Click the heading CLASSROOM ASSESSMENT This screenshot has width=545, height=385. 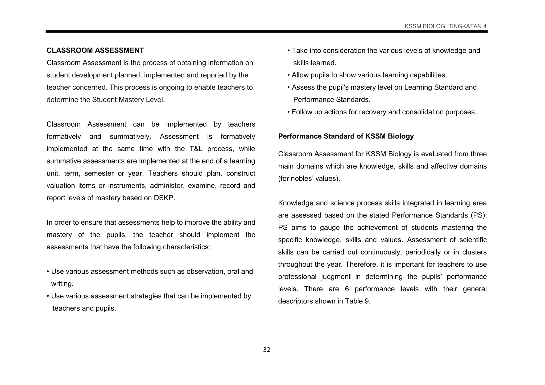95,50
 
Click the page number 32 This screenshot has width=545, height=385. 266,350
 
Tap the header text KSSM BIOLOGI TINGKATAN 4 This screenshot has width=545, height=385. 445,26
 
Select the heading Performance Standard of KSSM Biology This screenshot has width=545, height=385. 346,136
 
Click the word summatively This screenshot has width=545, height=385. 130,136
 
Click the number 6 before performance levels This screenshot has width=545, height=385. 347,289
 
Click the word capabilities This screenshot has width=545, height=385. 428,75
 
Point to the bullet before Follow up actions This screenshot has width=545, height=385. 288,112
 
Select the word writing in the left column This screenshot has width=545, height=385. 62,284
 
